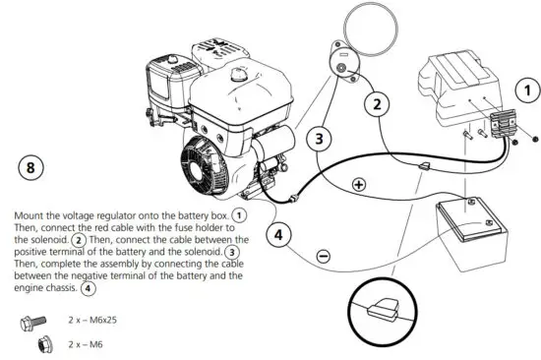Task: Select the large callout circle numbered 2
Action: (377, 102)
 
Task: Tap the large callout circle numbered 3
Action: (318, 139)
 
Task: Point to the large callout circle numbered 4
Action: (279, 234)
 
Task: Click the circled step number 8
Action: (31, 168)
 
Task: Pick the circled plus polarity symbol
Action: (359, 184)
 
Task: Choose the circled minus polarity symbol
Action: (325, 257)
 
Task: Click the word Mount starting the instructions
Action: (30, 213)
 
